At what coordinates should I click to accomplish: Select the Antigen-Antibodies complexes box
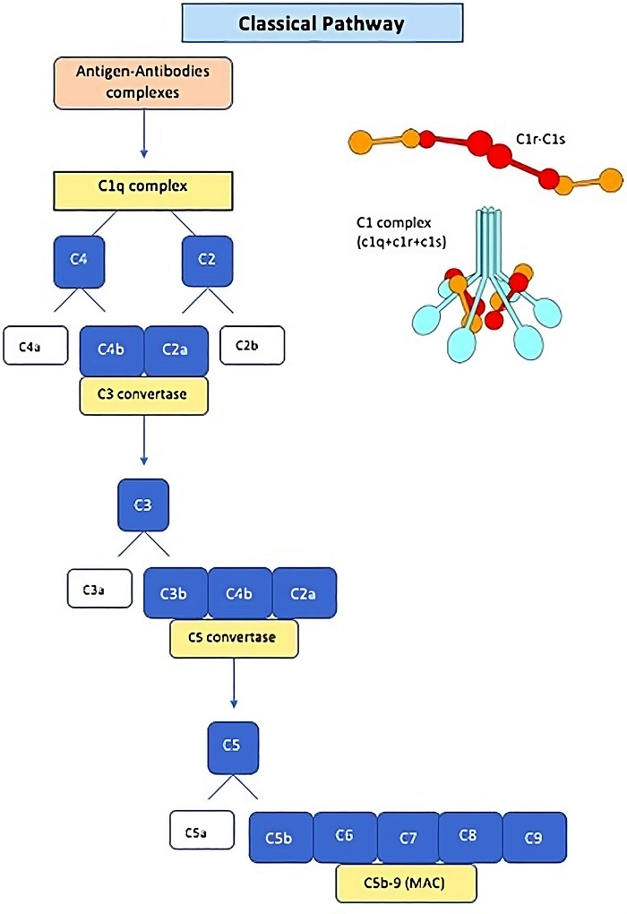point(143,82)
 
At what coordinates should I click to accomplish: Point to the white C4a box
point(35,346)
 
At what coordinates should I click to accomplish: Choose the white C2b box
point(253,345)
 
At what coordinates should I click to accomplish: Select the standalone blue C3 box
point(143,505)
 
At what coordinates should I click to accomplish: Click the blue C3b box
point(176,592)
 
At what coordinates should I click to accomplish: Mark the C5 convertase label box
point(234,638)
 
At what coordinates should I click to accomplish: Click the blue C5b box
point(280,838)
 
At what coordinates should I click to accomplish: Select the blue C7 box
point(408,838)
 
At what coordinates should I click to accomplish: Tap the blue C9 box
point(535,838)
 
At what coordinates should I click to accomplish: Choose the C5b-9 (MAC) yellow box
point(407,883)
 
